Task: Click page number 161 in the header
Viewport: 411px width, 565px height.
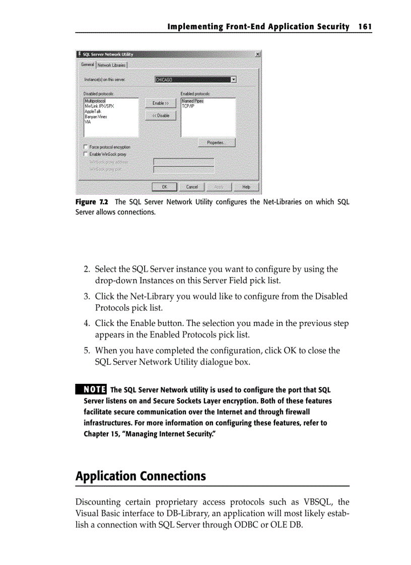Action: tap(365, 26)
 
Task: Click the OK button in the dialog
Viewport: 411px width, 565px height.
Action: tap(164, 187)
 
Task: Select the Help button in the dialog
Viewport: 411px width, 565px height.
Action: tap(246, 187)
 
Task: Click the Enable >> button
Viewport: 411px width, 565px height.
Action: tap(161, 103)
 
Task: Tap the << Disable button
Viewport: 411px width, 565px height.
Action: tap(161, 116)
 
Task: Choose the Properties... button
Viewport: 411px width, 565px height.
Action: tap(217, 143)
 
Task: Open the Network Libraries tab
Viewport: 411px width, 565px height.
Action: tap(112, 65)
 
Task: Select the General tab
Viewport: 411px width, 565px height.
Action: tap(88, 64)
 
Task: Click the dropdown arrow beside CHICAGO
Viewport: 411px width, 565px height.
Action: tap(233, 79)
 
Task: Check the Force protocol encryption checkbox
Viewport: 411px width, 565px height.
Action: tap(86, 147)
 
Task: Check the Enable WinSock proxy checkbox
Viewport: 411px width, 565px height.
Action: tap(86, 154)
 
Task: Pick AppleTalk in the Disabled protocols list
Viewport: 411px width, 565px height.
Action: tap(93, 111)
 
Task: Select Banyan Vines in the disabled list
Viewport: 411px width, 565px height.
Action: tap(96, 116)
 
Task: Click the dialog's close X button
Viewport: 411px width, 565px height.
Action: tap(257, 54)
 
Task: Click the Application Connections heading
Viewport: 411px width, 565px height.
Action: tap(141, 476)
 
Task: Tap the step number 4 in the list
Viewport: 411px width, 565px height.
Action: tap(87, 324)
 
